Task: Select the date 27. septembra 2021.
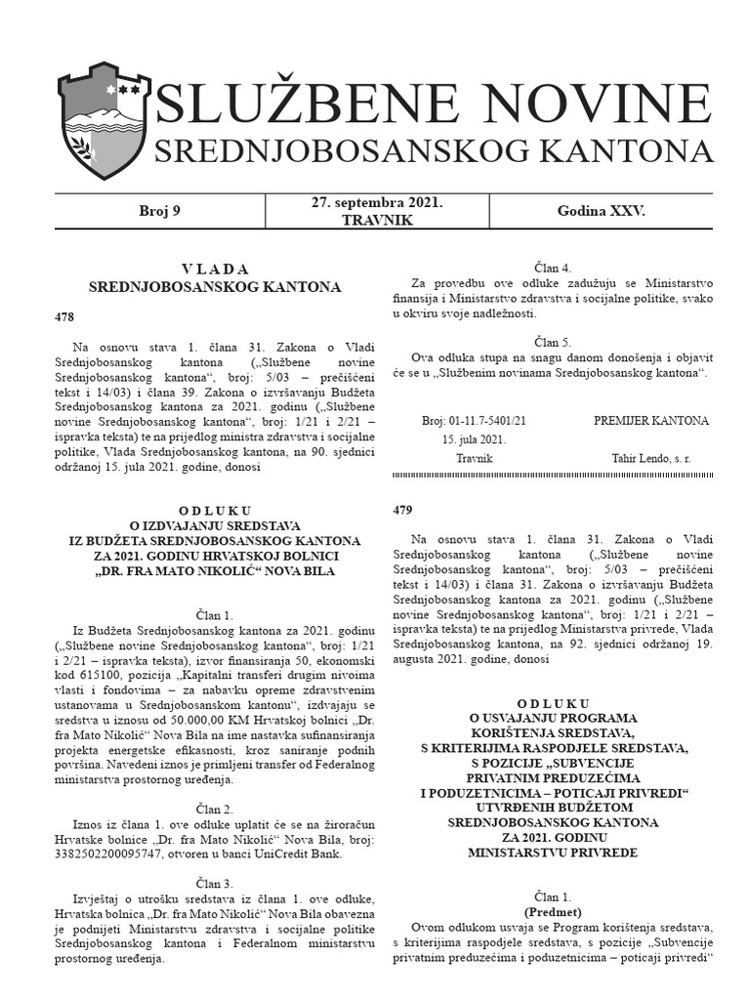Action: pos(377,203)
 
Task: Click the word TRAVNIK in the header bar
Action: pos(377,221)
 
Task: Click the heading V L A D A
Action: pos(215,269)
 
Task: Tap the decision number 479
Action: pos(403,510)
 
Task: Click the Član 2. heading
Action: pos(215,810)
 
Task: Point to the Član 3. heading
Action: pos(215,882)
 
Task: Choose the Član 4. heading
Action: pos(552,267)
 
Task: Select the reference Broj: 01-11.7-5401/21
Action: pos(474,420)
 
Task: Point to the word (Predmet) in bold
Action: pos(552,910)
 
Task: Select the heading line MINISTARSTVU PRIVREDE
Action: pos(552,853)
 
